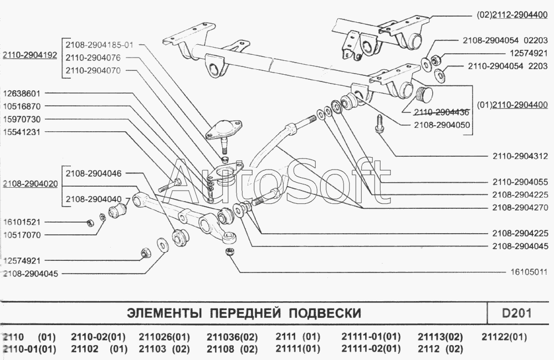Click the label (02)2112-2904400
pos(511,16)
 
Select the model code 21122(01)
pos(504,337)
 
